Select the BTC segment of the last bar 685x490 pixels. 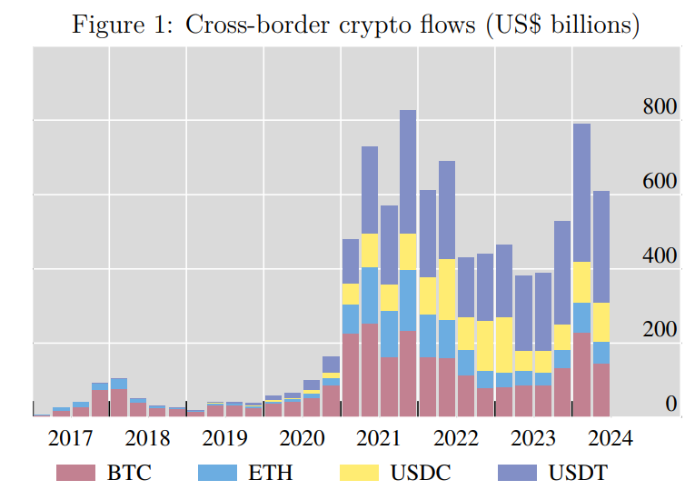pos(601,389)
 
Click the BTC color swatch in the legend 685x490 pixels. pos(75,473)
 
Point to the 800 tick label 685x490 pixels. pos(658,107)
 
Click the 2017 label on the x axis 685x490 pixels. pos(70,438)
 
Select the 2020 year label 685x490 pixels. pos(302,438)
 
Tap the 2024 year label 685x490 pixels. pos(611,438)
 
